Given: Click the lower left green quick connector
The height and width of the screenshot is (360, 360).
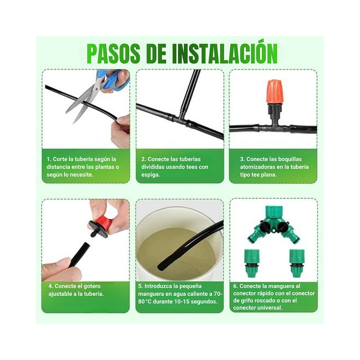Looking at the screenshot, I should (x=252, y=264).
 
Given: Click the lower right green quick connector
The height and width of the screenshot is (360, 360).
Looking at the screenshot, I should (x=296, y=264).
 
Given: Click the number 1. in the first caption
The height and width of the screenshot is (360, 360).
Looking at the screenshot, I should (x=49, y=159).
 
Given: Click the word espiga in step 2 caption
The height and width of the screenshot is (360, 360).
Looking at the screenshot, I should (x=151, y=175).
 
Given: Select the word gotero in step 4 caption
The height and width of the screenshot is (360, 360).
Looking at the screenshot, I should (x=91, y=286).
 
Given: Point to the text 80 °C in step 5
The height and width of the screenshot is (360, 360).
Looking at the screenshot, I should (x=147, y=302).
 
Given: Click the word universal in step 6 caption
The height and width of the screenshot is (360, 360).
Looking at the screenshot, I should (x=269, y=308).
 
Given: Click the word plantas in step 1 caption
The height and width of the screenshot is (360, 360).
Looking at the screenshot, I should (x=104, y=167).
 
